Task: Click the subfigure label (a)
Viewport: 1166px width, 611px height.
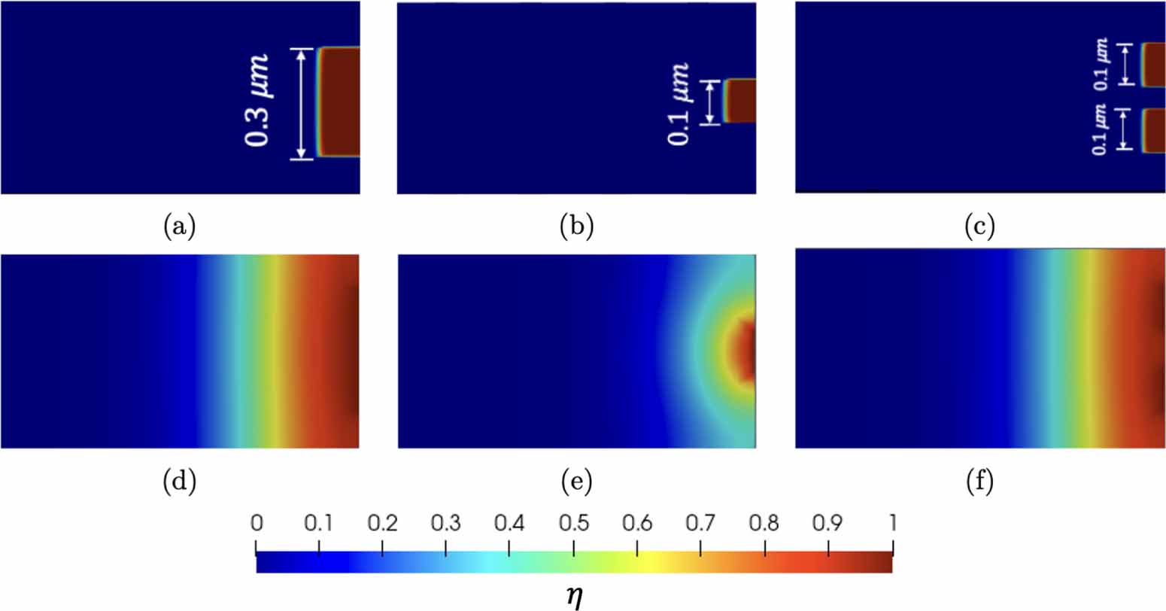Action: (x=179, y=226)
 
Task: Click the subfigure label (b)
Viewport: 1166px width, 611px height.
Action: (x=577, y=226)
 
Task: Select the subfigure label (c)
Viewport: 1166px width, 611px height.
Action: (x=979, y=226)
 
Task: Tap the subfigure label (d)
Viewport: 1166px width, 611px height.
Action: (x=179, y=482)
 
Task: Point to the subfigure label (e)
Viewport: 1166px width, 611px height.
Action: (x=577, y=482)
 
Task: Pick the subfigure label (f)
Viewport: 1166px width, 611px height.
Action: (x=979, y=482)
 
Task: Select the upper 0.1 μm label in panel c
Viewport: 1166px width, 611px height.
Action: (x=1101, y=64)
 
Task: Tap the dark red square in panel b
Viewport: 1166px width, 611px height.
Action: (x=740, y=101)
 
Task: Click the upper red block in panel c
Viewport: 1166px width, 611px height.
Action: (x=1154, y=65)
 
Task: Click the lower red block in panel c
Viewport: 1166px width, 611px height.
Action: (x=1154, y=131)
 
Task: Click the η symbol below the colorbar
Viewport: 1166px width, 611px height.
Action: (x=574, y=596)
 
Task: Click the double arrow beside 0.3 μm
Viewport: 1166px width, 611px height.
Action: (x=302, y=104)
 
